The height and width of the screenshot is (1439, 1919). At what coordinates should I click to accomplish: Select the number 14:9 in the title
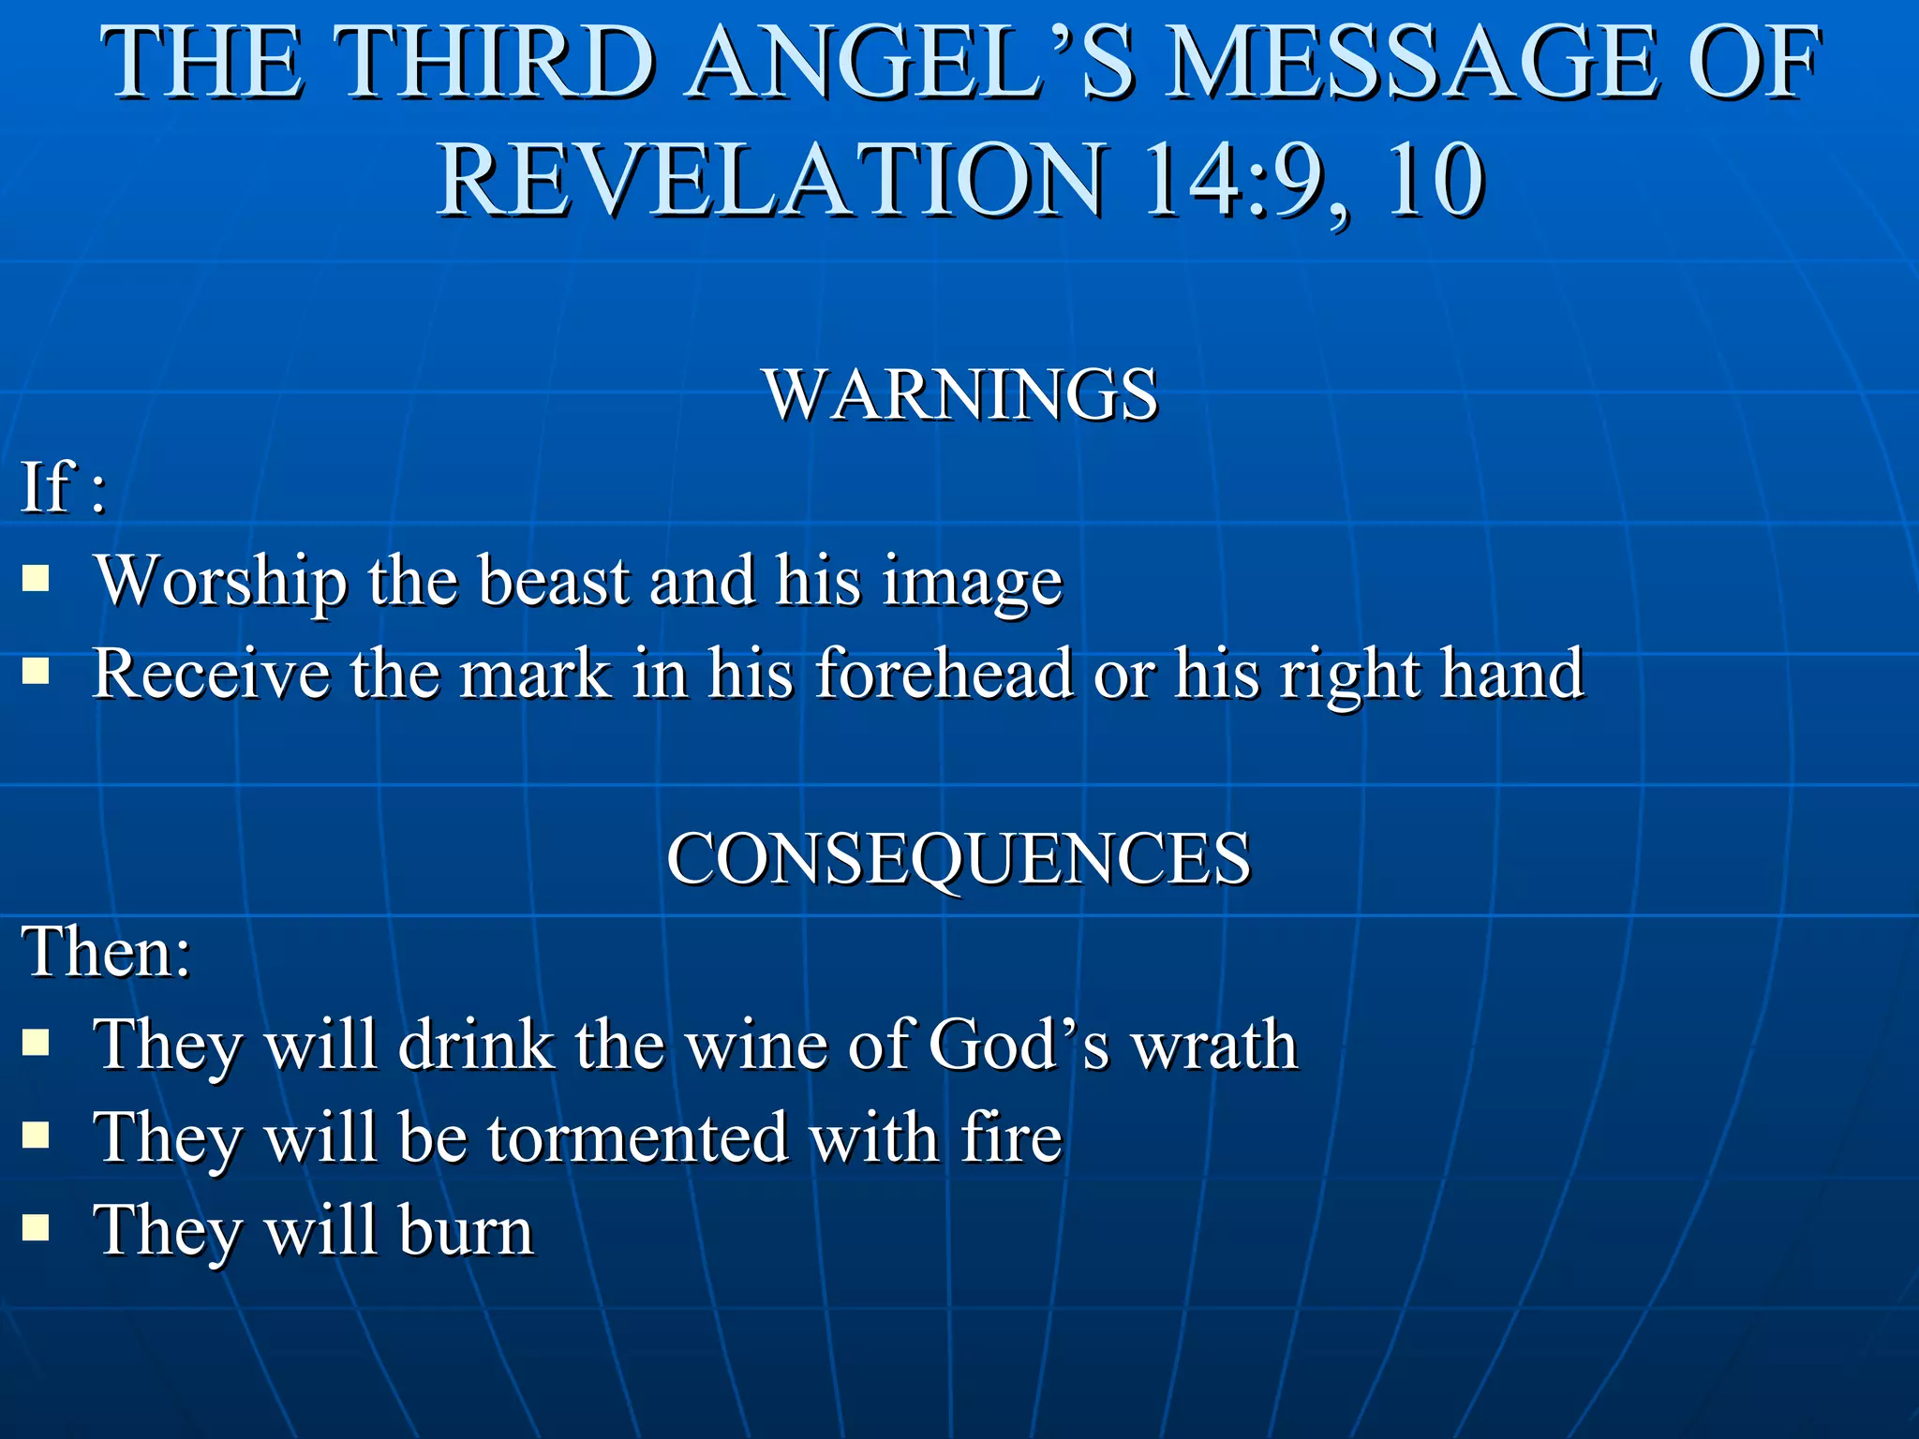coord(1246,180)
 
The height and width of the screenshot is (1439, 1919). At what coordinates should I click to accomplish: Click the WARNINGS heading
coord(961,394)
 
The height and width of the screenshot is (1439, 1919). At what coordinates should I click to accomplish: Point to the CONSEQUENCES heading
coord(958,858)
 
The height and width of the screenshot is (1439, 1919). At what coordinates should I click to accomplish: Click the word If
coord(47,486)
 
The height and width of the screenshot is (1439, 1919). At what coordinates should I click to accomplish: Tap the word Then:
coord(107,952)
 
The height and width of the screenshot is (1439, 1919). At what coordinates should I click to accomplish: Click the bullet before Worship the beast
coord(36,578)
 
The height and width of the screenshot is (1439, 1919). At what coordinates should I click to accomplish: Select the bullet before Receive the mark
coord(36,671)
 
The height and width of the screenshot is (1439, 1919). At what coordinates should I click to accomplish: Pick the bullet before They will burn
coord(36,1227)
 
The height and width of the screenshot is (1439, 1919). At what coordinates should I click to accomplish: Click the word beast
coord(553,581)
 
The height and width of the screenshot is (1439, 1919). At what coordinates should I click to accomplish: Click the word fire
coord(1012,1137)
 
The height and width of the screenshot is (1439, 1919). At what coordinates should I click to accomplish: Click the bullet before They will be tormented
coord(36,1135)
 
